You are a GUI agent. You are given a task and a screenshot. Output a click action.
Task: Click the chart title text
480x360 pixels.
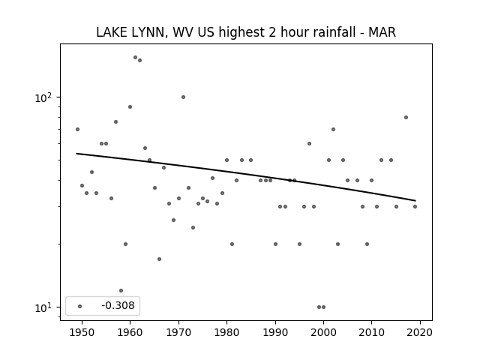(246, 32)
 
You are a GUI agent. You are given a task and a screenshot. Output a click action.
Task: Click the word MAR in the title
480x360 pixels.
(382, 32)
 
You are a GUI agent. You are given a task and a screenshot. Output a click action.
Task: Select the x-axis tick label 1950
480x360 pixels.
(82, 332)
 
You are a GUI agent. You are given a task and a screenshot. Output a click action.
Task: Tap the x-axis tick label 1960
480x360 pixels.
(130, 332)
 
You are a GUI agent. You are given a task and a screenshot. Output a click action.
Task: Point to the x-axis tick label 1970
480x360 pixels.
(178, 332)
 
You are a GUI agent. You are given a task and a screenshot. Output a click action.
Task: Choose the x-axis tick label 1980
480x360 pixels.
(226, 332)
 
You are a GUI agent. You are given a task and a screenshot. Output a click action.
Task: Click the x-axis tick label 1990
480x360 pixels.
(275, 332)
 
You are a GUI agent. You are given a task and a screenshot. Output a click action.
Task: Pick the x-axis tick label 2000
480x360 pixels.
(323, 332)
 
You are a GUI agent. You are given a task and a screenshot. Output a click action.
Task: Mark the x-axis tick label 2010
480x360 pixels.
(372, 332)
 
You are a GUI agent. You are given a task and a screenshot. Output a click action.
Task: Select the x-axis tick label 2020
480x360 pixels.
(420, 332)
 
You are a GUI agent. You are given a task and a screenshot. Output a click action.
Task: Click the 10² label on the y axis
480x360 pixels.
(43, 98)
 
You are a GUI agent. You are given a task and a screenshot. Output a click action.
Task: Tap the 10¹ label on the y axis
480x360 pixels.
(43, 308)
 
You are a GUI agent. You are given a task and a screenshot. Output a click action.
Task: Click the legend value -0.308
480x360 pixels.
(118, 305)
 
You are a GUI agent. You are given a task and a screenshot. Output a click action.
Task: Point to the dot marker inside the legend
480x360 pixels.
(80, 306)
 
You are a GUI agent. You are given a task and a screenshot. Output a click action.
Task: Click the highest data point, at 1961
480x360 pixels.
(135, 57)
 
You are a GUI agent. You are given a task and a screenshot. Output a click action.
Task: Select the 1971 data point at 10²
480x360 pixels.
(183, 97)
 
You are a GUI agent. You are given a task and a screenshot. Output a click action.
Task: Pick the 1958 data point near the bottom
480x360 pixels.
(121, 290)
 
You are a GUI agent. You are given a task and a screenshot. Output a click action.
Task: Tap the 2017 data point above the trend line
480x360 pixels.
(406, 117)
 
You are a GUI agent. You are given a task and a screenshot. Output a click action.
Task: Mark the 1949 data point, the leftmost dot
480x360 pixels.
(77, 129)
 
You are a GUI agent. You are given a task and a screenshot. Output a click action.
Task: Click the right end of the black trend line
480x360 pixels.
(415, 201)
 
